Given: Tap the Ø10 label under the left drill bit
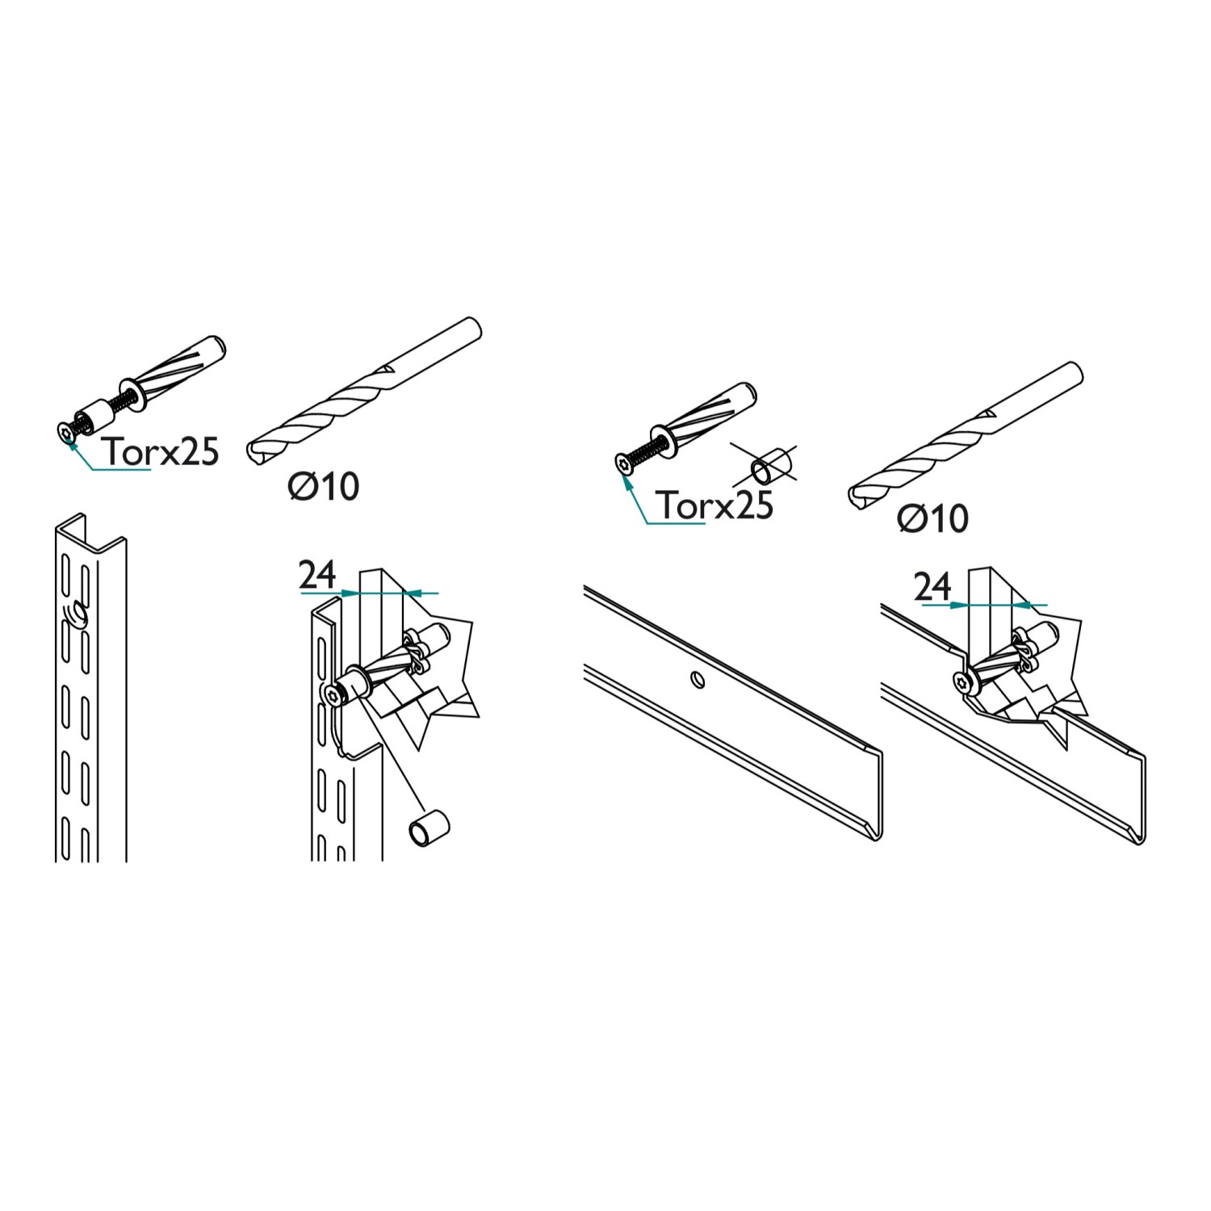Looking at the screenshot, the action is (324, 486).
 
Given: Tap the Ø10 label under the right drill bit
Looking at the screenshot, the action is (933, 518).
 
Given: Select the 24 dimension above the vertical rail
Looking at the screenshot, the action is (317, 575).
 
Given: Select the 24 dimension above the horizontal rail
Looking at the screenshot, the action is (932, 587).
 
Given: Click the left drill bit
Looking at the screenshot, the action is (364, 391).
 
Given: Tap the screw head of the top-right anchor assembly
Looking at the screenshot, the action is (622, 463).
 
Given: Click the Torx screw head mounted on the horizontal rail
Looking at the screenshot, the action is (962, 683).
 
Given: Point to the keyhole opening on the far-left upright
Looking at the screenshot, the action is (75, 615).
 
